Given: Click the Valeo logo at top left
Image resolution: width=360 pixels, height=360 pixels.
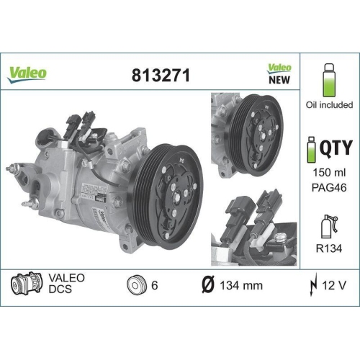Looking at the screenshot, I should (x=28, y=72).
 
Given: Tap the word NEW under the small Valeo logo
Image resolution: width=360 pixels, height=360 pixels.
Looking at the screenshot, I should (x=279, y=80).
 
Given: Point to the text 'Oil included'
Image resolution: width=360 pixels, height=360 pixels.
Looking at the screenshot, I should (x=330, y=104).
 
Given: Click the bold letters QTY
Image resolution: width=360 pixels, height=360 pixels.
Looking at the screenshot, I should (x=336, y=148).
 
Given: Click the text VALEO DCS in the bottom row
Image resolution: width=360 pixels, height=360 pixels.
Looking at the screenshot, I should (x=66, y=284).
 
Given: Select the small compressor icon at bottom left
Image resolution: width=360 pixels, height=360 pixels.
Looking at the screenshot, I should (x=24, y=284).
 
